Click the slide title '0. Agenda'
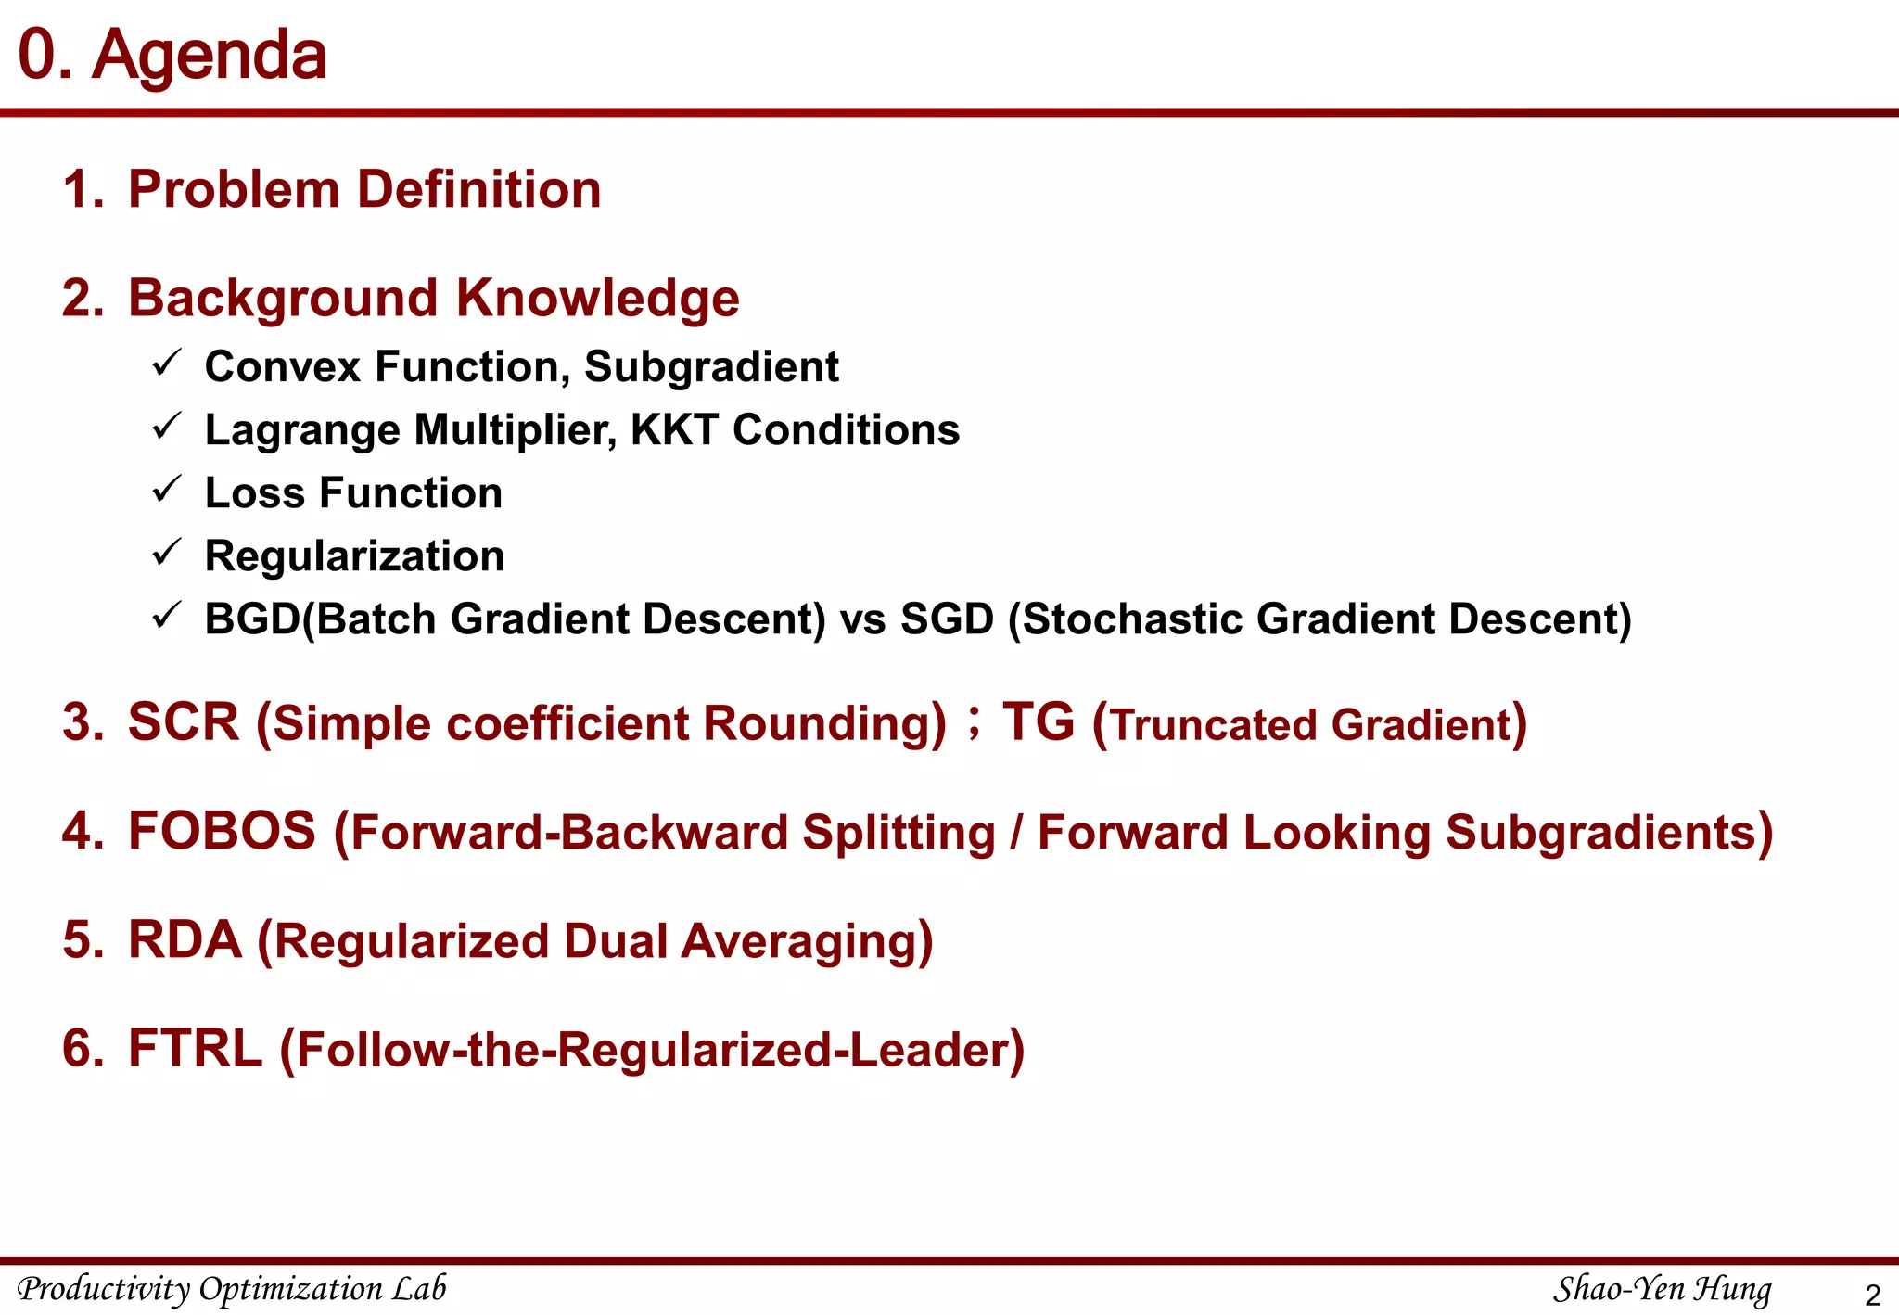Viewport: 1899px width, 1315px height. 172,55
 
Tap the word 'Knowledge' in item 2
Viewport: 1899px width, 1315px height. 597,299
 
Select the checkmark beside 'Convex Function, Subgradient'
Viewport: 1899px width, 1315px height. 166,363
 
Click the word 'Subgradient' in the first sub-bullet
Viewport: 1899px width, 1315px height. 711,367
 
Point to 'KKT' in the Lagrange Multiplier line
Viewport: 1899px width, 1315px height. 673,430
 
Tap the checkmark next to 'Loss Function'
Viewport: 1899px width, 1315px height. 166,489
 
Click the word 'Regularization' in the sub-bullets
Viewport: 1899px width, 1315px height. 354,556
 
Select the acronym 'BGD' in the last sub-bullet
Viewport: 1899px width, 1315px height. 252,619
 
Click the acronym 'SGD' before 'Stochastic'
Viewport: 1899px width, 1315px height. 947,619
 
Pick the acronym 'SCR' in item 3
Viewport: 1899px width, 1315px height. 184,722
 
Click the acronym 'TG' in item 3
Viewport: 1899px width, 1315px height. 1039,722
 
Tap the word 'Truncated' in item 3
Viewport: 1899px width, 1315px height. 1215,725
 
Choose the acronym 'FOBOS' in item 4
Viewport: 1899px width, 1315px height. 222,831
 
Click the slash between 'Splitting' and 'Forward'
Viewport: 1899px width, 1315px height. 1016,833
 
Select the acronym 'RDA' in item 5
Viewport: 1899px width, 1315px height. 185,939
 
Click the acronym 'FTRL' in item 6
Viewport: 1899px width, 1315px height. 195,1049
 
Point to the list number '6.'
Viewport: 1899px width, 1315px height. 83,1049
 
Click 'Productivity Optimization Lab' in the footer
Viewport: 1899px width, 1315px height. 232,1289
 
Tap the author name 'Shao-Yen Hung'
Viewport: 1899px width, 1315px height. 1662,1289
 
